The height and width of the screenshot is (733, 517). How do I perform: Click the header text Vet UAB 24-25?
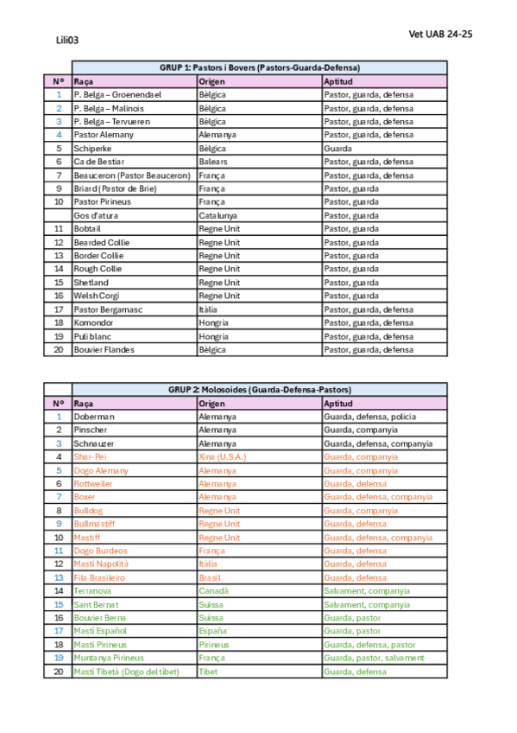pyautogui.click(x=440, y=34)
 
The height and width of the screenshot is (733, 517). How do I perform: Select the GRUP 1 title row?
pyautogui.click(x=259, y=67)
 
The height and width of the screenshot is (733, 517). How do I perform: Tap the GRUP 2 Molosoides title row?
pyautogui.click(x=259, y=390)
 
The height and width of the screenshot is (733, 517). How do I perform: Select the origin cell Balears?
pyautogui.click(x=213, y=162)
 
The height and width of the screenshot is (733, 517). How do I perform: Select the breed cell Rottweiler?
pyautogui.click(x=95, y=484)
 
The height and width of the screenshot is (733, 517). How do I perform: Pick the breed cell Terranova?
pyautogui.click(x=92, y=591)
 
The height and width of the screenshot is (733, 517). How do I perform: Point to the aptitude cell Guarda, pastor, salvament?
pyautogui.click(x=374, y=658)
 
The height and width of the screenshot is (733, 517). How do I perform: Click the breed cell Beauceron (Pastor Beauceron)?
pyautogui.click(x=131, y=175)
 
